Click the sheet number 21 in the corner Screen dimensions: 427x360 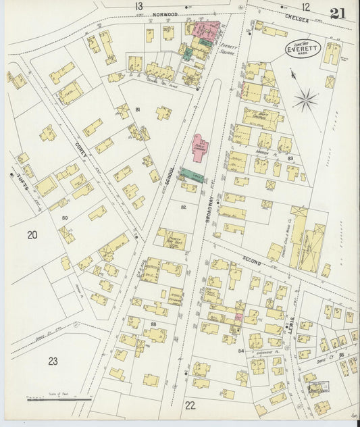click(x=339, y=13)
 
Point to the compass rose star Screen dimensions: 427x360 click(x=305, y=101)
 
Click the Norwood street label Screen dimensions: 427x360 click(x=165, y=14)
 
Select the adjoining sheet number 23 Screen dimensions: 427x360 click(x=53, y=360)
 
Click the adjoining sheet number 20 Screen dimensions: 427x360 click(x=31, y=235)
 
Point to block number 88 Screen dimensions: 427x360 click(x=153, y=325)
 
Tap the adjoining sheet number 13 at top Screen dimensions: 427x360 click(x=138, y=6)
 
